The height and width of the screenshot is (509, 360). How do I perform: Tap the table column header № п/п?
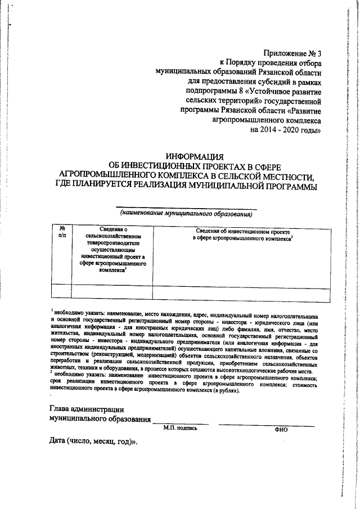[x=62, y=232]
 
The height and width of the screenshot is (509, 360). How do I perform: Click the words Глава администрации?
[x=86, y=409]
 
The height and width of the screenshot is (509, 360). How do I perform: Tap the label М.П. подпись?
[x=181, y=429]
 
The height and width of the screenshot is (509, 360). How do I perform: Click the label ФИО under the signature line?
[x=281, y=429]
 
